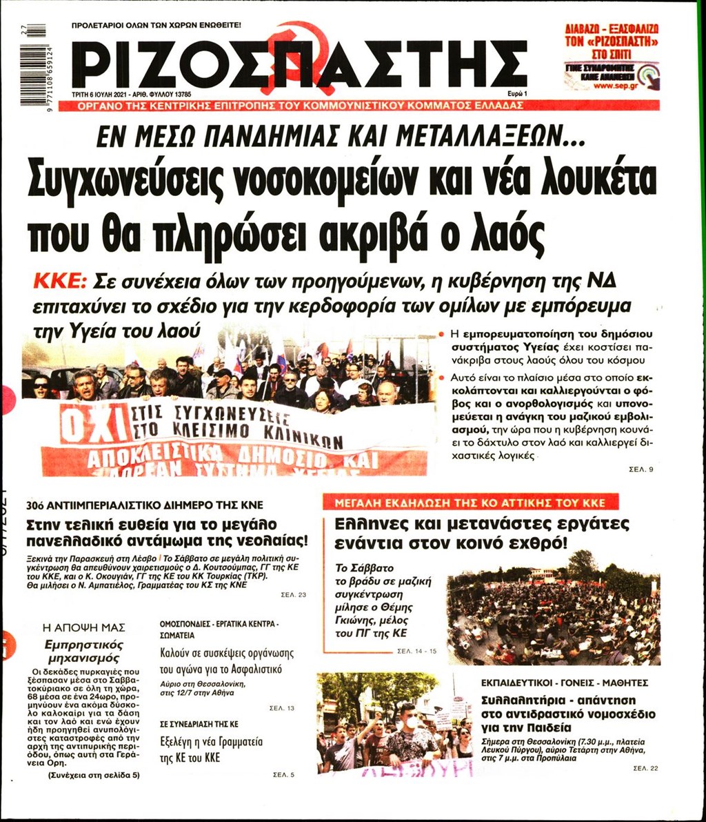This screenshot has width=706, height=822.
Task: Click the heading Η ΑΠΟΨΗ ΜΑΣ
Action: (x=83, y=627)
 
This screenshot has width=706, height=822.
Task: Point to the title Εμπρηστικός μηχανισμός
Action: (x=83, y=651)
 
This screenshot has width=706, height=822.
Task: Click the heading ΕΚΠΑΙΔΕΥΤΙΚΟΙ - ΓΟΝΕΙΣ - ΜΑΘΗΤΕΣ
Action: (x=565, y=683)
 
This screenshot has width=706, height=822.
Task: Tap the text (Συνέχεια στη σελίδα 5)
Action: (x=94, y=774)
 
